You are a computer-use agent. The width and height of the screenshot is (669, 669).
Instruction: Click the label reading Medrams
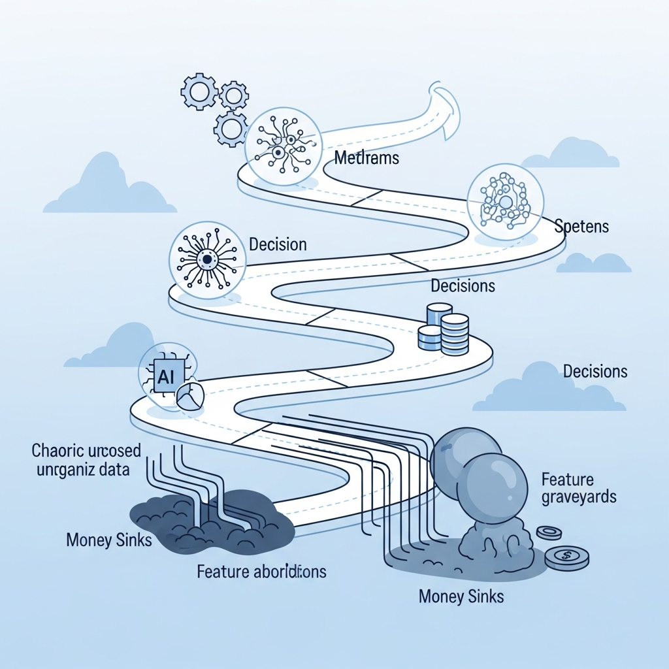(366, 158)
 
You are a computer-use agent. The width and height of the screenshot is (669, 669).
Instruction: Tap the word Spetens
(581, 227)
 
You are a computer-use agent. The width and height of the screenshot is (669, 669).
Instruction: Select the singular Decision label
(278, 244)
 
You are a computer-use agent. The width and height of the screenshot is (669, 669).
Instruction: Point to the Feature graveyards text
(579, 488)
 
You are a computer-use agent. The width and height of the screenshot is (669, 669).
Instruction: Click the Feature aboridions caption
(261, 572)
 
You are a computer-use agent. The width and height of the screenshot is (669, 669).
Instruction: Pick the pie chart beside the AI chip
(190, 396)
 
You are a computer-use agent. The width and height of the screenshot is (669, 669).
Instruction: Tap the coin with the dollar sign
(566, 557)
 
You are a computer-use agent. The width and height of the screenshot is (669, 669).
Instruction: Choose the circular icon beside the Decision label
(206, 259)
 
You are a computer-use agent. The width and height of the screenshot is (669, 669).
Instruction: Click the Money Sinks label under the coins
(461, 596)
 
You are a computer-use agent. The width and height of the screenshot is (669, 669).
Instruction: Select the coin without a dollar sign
(549, 533)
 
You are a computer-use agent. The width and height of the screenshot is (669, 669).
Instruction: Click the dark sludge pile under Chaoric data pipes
(209, 523)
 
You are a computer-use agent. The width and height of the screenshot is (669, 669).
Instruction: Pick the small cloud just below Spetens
(593, 263)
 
